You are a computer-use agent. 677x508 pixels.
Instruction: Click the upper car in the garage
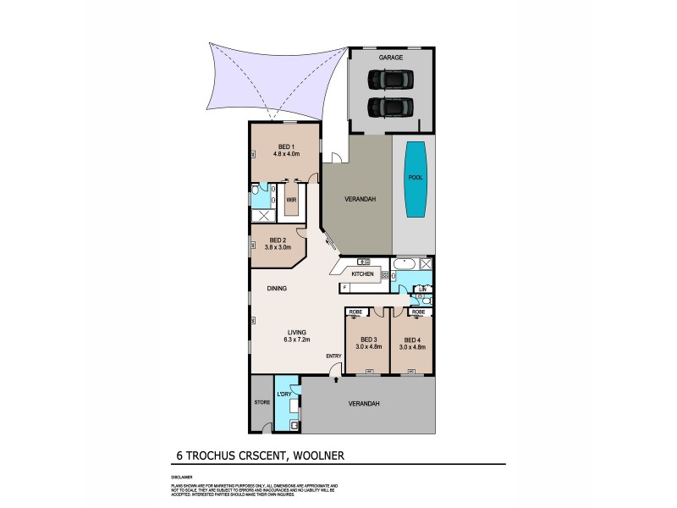(x=390, y=80)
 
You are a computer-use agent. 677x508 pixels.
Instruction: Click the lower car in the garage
(x=390, y=108)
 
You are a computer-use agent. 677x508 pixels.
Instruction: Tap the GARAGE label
(x=391, y=58)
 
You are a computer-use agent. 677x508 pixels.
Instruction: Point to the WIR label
(x=291, y=200)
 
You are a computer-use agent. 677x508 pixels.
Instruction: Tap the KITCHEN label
(x=363, y=274)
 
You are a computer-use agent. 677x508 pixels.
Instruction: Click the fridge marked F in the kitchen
(x=345, y=288)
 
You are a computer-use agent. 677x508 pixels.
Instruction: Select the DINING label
(x=276, y=289)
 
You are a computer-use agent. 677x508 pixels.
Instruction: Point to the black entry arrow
(x=337, y=381)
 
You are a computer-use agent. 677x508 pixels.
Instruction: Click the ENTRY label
(x=334, y=356)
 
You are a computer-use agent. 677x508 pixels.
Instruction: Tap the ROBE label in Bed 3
(x=355, y=312)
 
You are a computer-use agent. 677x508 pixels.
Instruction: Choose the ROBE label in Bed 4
(x=417, y=312)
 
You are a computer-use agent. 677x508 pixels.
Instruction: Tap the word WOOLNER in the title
(x=317, y=455)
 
